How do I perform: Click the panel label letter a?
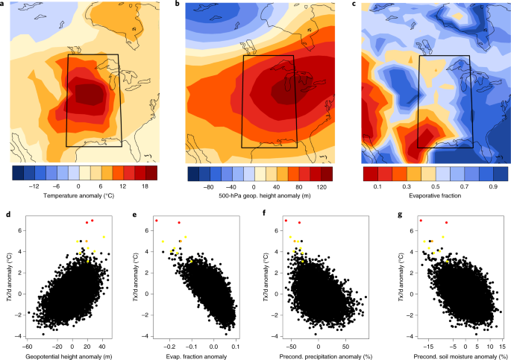click(x=7, y=4)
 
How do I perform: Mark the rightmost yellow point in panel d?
click(x=104, y=237)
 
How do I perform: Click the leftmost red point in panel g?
click(x=421, y=221)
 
